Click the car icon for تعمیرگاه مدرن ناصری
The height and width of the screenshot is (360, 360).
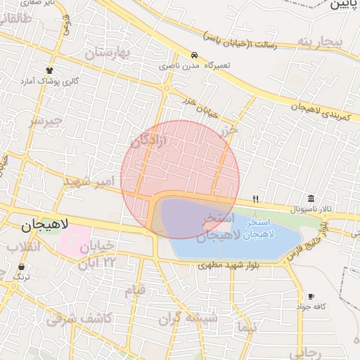tap(193, 55)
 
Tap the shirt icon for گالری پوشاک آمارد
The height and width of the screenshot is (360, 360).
tap(49, 70)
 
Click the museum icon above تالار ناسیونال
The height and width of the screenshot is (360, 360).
tap(311, 198)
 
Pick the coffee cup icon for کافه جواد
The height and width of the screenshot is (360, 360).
tap(311, 297)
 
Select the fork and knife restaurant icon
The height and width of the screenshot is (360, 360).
tap(255, 198)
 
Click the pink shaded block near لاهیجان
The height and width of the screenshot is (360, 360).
tap(75, 241)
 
